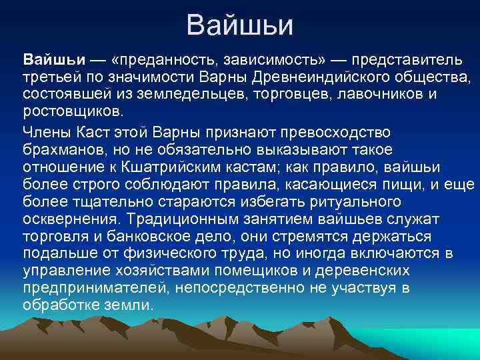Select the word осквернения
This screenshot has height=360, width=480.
[71, 217]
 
